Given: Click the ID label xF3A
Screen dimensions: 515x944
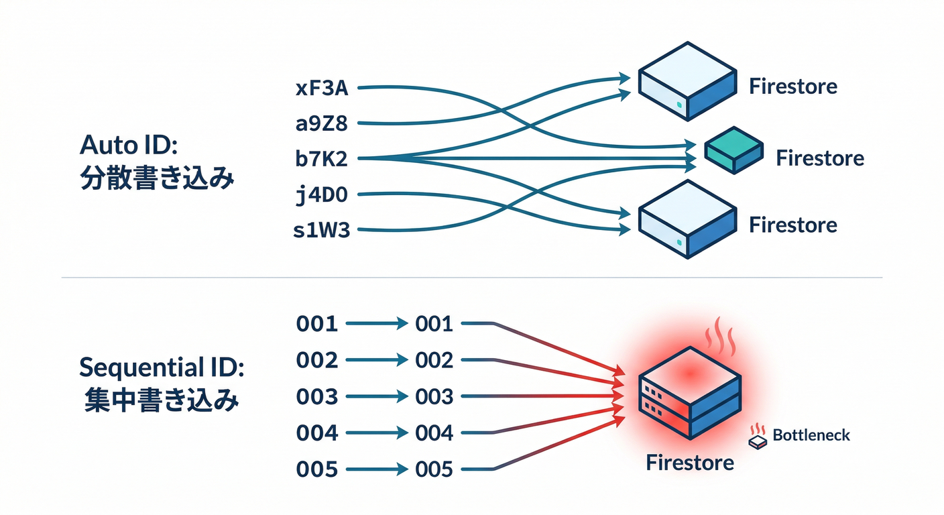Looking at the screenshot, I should [x=322, y=87].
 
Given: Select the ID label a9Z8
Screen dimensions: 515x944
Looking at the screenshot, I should [x=322, y=123].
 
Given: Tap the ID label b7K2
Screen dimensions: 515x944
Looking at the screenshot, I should [x=322, y=158].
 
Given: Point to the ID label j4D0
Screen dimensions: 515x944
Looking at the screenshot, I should [x=322, y=195].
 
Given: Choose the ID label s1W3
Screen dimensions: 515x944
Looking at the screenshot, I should [x=322, y=231].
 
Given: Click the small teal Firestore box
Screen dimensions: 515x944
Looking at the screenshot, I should [x=733, y=151].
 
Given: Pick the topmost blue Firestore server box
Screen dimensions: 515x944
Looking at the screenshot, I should [x=687, y=81].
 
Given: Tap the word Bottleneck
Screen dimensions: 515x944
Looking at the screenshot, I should [x=811, y=435].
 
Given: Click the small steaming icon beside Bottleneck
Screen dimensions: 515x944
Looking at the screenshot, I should [x=758, y=438].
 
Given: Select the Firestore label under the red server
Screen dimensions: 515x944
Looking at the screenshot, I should [x=690, y=463].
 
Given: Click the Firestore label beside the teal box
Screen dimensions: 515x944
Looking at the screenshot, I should [x=819, y=158].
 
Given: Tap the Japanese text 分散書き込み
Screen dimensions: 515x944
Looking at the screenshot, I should [x=157, y=179].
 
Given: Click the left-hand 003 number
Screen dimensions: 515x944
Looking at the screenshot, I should [x=316, y=397].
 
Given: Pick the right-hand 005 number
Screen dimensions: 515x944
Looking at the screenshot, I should [x=434, y=469].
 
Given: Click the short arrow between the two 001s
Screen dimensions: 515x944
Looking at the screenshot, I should [x=377, y=325].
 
